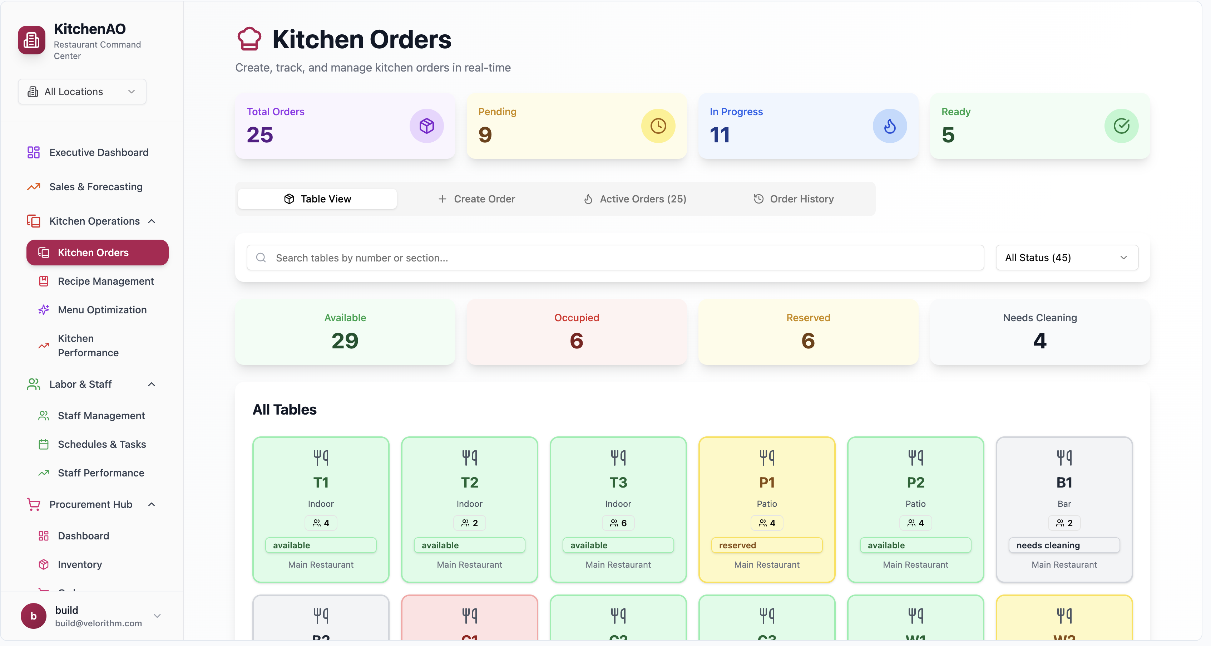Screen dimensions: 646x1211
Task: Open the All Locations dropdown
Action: pyautogui.click(x=82, y=92)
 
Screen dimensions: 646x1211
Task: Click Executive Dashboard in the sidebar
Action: pyautogui.click(x=98, y=152)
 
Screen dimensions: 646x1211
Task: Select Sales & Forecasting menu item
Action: pyautogui.click(x=95, y=187)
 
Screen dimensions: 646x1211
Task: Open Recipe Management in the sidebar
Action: pyautogui.click(x=105, y=282)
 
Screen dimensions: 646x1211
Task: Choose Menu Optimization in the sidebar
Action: pyautogui.click(x=102, y=310)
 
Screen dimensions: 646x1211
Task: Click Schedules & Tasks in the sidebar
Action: pyautogui.click(x=102, y=445)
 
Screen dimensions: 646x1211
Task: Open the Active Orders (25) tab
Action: pyautogui.click(x=635, y=199)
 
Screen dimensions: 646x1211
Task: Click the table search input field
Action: pyautogui.click(x=615, y=258)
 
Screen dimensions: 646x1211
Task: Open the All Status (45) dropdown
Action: pyautogui.click(x=1066, y=258)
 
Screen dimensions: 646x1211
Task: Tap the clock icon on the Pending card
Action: pyautogui.click(x=658, y=126)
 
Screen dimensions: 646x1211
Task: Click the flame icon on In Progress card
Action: pyautogui.click(x=889, y=126)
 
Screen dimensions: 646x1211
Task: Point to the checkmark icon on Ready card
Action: pyautogui.click(x=1121, y=126)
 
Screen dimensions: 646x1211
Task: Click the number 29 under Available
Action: pyautogui.click(x=345, y=341)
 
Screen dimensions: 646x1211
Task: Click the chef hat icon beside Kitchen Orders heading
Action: pyautogui.click(x=249, y=39)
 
